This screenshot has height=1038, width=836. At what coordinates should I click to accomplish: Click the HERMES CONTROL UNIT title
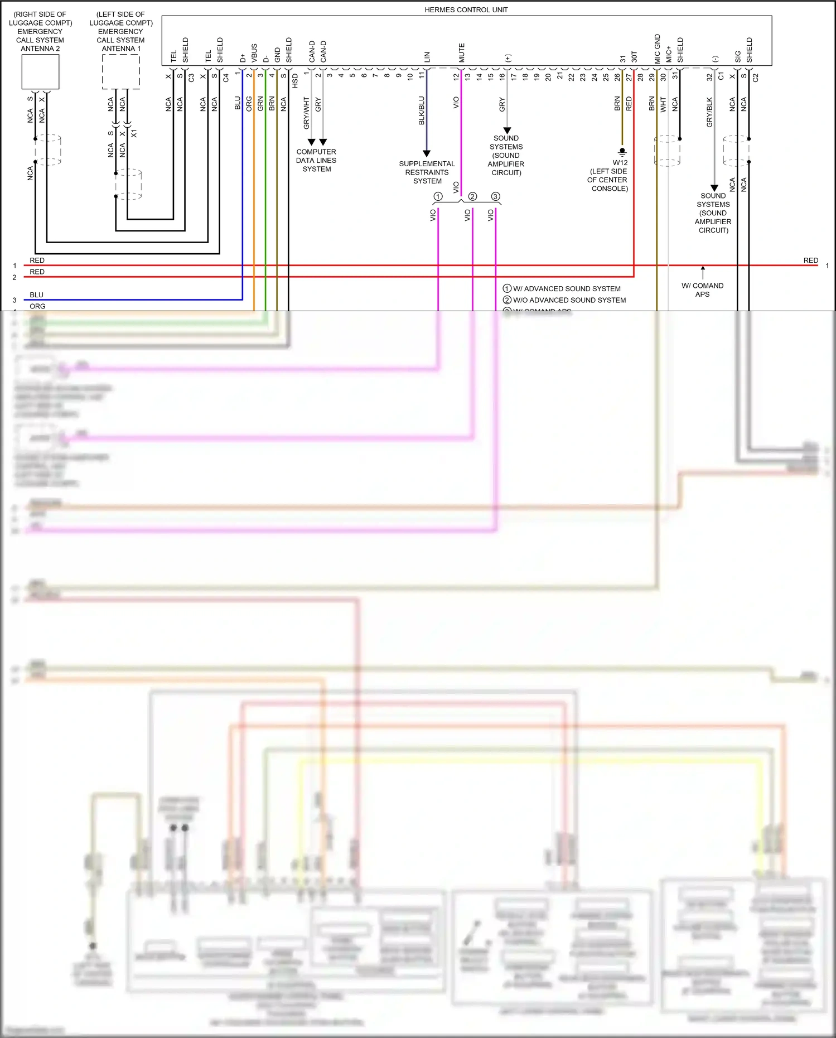click(466, 9)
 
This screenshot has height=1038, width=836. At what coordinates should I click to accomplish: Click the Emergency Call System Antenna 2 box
click(40, 72)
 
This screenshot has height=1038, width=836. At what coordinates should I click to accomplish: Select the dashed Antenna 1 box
click(120, 71)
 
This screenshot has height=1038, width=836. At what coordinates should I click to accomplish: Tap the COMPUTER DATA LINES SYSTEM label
click(316, 160)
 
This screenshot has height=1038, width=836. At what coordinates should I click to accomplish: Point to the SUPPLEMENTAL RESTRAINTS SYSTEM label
click(427, 172)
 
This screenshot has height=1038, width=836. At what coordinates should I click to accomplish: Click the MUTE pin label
click(462, 52)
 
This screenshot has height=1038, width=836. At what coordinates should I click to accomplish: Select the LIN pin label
click(427, 56)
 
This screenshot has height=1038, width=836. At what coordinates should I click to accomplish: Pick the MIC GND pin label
click(657, 49)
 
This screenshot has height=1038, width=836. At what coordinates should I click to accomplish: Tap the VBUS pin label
click(254, 53)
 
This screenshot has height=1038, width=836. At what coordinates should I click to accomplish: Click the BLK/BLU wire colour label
click(422, 110)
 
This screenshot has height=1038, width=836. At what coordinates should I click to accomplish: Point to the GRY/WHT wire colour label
click(306, 113)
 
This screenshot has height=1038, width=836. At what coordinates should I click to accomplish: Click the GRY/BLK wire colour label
click(709, 112)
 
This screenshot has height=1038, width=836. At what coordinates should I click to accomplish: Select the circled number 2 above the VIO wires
click(472, 196)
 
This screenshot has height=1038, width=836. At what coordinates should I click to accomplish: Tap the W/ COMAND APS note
click(702, 289)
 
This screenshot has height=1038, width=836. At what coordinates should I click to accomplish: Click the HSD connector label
click(295, 81)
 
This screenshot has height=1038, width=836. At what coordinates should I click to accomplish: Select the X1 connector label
click(134, 133)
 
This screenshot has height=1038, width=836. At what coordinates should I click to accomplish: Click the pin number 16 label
click(502, 76)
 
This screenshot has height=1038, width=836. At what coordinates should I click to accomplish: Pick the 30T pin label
click(634, 56)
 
